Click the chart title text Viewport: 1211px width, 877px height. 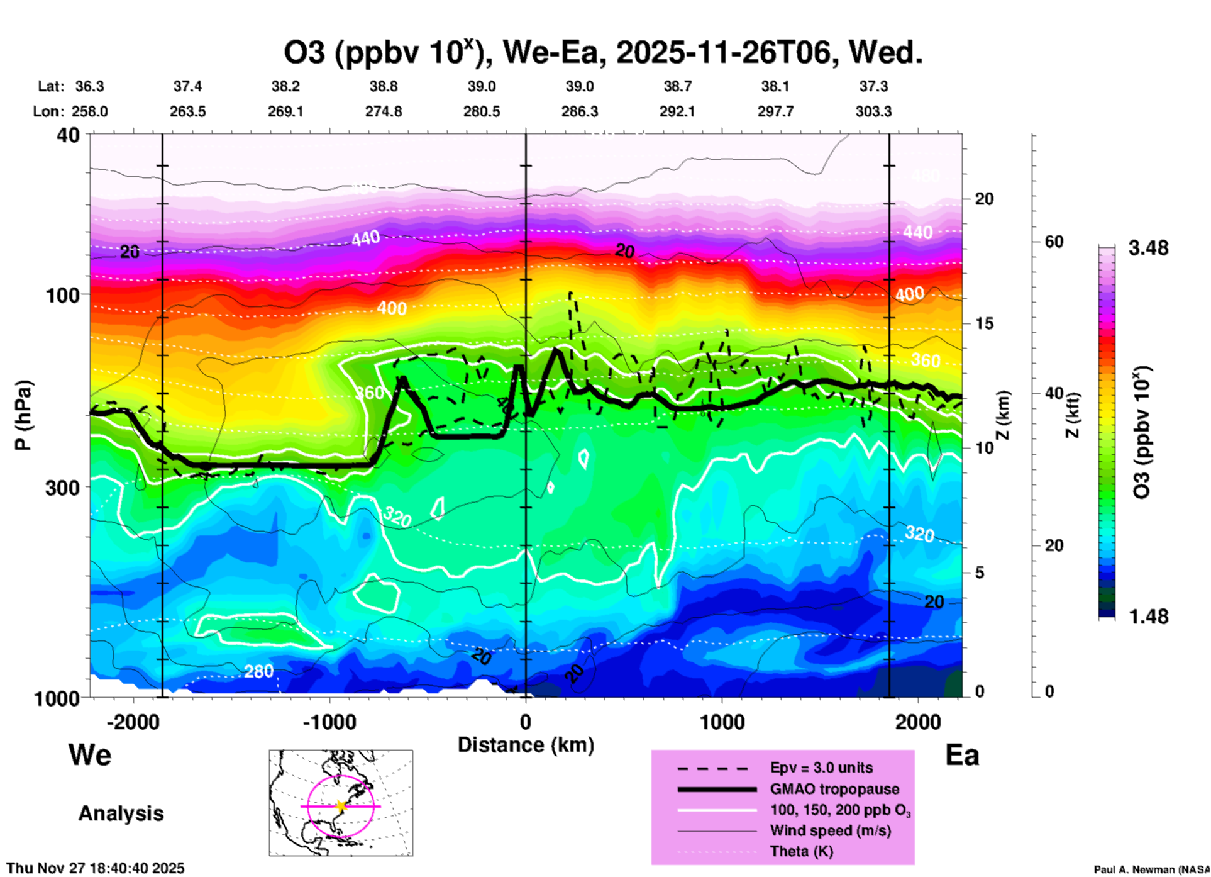[602, 53]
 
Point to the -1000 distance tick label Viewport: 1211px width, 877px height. [329, 722]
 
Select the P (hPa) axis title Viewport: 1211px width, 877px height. [23, 415]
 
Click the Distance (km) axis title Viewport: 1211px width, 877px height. [526, 745]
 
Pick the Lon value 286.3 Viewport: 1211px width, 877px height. [579, 111]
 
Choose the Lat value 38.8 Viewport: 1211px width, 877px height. [384, 86]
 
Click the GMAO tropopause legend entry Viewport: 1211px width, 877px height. [834, 789]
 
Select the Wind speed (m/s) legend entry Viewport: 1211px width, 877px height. [830, 830]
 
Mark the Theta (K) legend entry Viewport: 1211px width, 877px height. [801, 851]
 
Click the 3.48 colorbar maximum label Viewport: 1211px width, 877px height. [1148, 249]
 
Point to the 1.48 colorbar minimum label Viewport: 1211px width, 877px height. [1148, 616]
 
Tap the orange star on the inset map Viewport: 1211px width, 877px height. [341, 806]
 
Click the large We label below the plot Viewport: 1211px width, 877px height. [90, 754]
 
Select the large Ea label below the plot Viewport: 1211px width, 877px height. [962, 756]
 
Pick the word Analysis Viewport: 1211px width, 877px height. [121, 813]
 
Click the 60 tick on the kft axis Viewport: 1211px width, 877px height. [1054, 242]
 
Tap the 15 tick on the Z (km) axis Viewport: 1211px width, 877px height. [984, 323]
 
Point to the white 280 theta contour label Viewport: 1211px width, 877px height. [258, 671]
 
